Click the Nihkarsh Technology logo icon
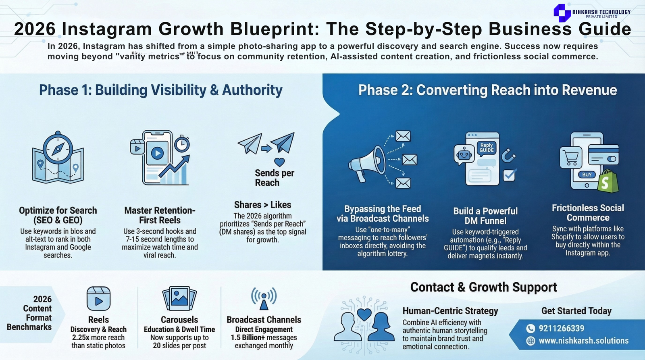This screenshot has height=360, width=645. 562,12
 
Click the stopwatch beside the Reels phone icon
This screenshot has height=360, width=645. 182,144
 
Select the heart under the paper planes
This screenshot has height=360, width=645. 279,162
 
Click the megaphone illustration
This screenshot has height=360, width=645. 367,162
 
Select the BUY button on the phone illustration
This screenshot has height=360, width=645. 587,175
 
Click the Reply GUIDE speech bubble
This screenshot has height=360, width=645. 487,148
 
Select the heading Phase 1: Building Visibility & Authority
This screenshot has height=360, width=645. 160,90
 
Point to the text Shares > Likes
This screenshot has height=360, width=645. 262,205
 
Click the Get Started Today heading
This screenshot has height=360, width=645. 576,311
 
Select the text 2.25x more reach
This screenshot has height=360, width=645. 98,337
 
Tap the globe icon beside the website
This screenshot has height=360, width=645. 531,341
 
